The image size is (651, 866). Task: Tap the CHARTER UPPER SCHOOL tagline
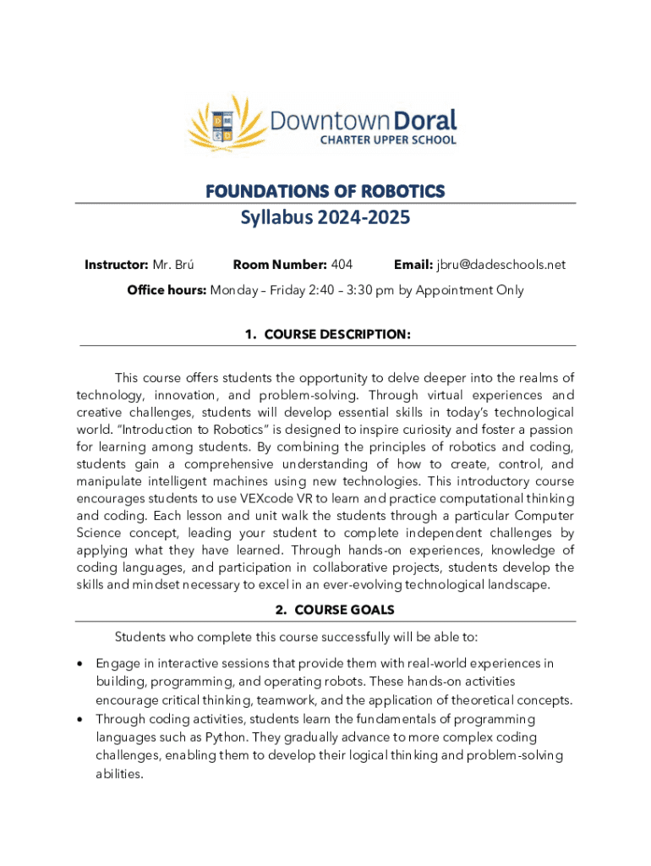point(387,140)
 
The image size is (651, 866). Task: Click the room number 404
point(342,265)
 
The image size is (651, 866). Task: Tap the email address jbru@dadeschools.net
point(501,265)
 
